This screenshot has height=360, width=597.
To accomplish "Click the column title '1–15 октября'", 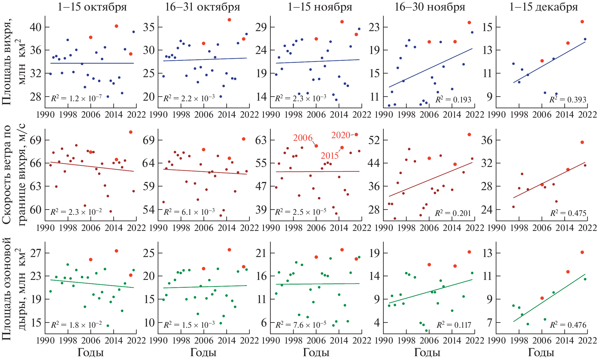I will [x=92, y=7].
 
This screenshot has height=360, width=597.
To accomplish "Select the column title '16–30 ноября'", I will [x=430, y=7].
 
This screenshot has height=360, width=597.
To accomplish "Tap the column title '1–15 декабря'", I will [x=544, y=7].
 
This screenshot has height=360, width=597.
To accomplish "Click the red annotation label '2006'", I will [x=303, y=138].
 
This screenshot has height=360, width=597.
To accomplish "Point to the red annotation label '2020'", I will [x=340, y=135].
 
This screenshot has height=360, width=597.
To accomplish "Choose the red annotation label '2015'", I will [x=329, y=156].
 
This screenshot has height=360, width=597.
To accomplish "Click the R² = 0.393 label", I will [x=568, y=99].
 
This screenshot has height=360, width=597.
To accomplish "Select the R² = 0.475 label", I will [x=568, y=213].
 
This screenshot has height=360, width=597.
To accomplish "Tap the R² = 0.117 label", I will [x=454, y=325].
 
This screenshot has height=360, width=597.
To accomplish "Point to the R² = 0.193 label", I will [x=453, y=99].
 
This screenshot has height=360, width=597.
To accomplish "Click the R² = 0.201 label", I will [x=453, y=213].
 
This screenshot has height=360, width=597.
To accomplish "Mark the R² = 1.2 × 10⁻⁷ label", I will [x=76, y=98].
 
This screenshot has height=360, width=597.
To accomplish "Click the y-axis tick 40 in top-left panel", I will [x=36, y=27].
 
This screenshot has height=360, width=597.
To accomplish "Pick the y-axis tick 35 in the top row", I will [x=149, y=27].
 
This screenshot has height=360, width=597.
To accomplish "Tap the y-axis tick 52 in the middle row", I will [x=374, y=140].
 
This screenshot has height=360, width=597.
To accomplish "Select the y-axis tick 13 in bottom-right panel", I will [x=487, y=253].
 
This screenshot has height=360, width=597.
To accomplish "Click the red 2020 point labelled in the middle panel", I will [x=356, y=134].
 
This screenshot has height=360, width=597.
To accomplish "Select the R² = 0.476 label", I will [x=568, y=325].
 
